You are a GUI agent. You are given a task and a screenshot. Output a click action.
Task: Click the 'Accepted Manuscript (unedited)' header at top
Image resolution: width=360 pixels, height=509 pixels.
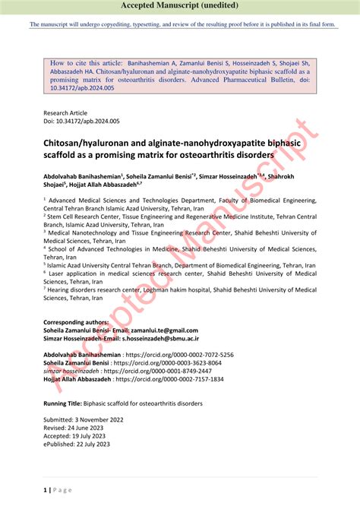[x=180, y=6]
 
